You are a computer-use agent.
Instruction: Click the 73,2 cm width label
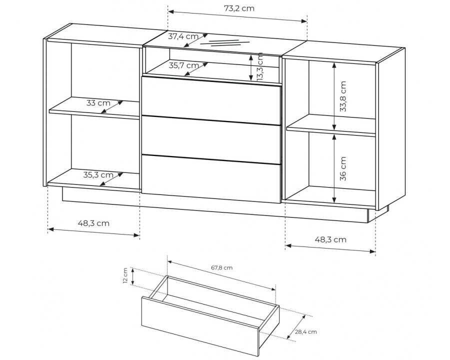click(x=239, y=8)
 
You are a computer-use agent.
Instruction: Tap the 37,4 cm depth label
click(x=183, y=36)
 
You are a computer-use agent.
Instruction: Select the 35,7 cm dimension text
click(x=183, y=65)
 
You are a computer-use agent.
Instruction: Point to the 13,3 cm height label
click(x=260, y=66)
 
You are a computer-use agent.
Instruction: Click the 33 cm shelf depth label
click(x=98, y=103)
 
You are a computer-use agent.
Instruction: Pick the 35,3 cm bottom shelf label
click(x=98, y=174)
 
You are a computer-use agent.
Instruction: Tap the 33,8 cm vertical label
click(x=343, y=96)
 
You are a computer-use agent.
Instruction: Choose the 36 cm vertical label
click(x=343, y=168)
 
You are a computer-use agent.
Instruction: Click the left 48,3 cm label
click(x=93, y=223)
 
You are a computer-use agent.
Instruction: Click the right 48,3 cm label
click(x=330, y=239)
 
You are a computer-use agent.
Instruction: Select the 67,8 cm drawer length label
click(x=222, y=268)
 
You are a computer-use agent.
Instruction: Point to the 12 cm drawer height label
click(x=125, y=276)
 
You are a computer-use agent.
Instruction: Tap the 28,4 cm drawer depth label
click(x=306, y=332)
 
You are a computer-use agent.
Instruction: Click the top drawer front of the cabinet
click(x=211, y=100)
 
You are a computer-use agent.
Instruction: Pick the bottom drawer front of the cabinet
click(x=211, y=179)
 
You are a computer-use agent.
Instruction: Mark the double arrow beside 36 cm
click(x=334, y=169)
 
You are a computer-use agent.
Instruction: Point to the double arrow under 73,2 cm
click(x=237, y=16)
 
